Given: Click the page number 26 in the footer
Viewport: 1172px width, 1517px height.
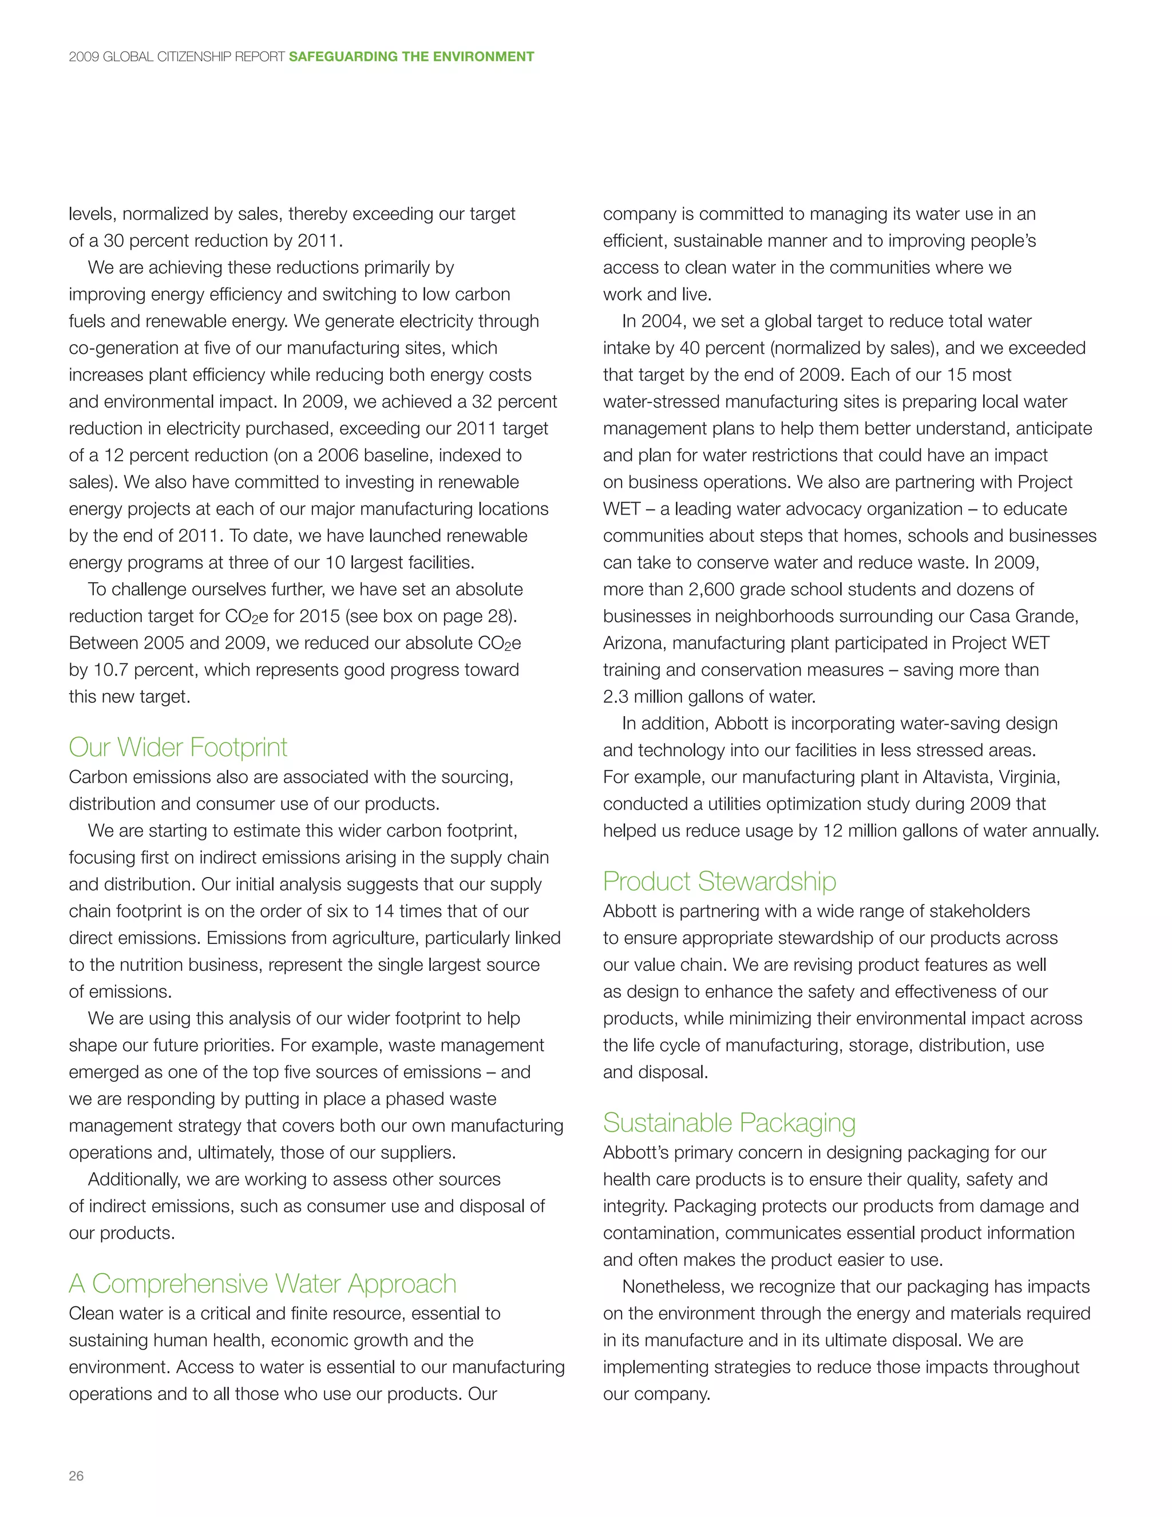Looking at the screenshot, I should click(x=76, y=1476).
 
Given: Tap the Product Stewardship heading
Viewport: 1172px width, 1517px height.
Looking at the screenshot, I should click(x=719, y=882).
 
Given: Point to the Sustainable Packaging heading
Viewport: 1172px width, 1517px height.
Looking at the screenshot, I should click(x=729, y=1123).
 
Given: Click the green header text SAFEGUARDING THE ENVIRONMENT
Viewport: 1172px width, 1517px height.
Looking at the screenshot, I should click(x=411, y=57).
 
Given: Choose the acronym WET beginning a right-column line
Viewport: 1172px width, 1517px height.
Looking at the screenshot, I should click(x=621, y=509).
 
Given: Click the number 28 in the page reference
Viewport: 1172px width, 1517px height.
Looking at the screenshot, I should click(x=497, y=617).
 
